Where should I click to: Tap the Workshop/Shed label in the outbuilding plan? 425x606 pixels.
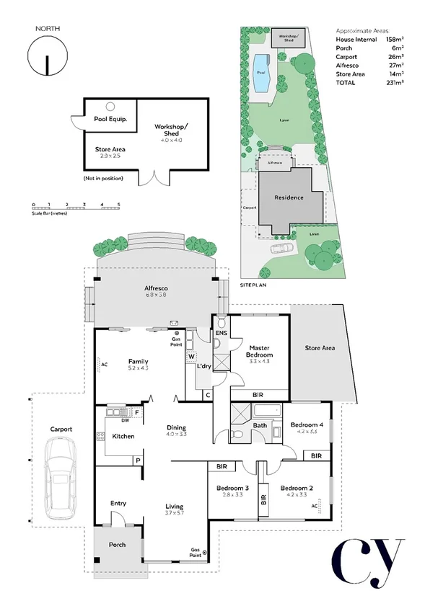171,130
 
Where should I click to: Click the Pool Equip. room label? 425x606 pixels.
110,119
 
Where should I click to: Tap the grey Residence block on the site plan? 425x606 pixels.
288,197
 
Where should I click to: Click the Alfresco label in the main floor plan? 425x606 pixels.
155,290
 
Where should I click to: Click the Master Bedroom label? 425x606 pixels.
258,352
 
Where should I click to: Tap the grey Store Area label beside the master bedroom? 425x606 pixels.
320,349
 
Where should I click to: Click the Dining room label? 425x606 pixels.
177,427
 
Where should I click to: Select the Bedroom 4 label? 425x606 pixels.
306,426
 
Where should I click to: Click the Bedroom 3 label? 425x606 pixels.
232,489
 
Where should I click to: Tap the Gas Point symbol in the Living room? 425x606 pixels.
206,553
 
